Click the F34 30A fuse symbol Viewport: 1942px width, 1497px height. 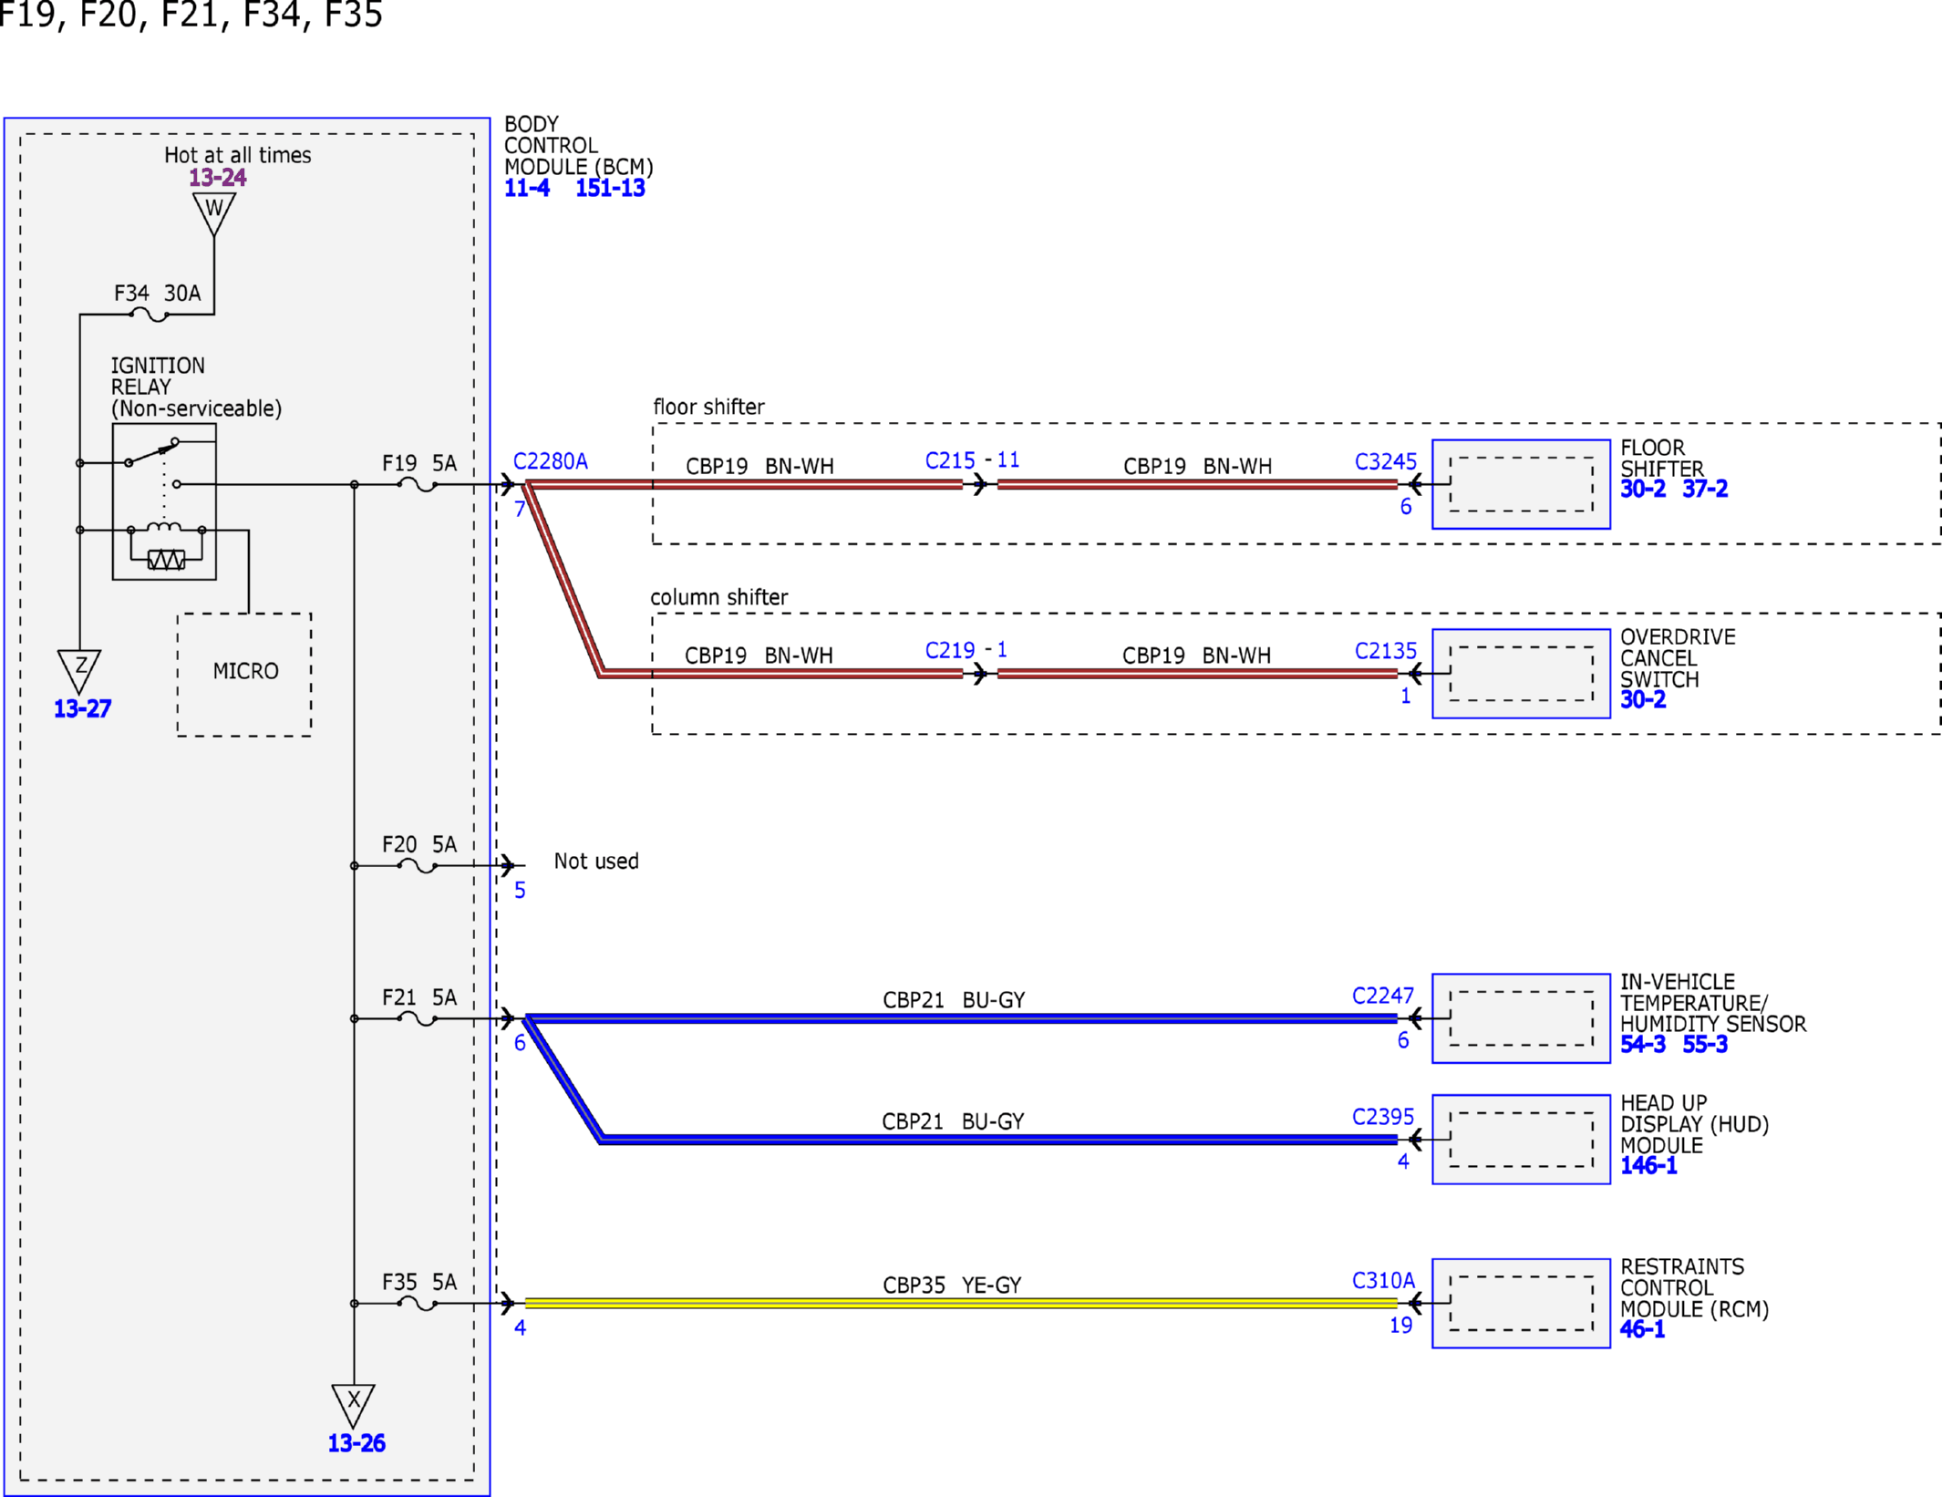tap(150, 315)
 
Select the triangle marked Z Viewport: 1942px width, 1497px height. tap(79, 671)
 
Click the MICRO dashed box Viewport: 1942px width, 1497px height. tap(244, 675)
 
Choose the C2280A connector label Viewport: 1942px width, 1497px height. tap(551, 461)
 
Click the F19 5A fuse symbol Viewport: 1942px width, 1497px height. tap(418, 485)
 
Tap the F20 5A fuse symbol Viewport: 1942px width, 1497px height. tap(418, 866)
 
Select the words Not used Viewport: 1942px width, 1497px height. tap(596, 862)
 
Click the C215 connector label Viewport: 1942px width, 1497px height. tap(950, 460)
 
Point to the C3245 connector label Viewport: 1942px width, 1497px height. tap(1386, 461)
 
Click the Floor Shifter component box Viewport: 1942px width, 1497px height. tap(1521, 484)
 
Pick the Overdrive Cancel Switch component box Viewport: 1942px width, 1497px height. tap(1521, 674)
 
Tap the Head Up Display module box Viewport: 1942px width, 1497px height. tap(1521, 1140)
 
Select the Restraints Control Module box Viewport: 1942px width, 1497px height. tap(1521, 1304)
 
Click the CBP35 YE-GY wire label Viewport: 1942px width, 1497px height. tap(952, 1285)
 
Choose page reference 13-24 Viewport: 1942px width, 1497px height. tap(218, 178)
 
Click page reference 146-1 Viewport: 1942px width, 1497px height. tap(1648, 1166)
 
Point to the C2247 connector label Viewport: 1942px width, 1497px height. tap(1383, 996)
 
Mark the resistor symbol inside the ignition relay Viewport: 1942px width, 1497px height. tap(166, 560)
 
